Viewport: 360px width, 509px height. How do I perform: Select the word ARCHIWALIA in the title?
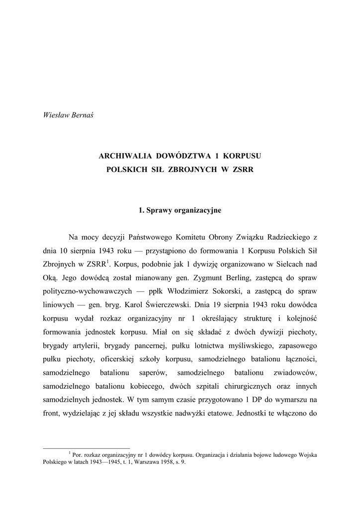122,156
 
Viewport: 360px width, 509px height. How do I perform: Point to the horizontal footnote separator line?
87,448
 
